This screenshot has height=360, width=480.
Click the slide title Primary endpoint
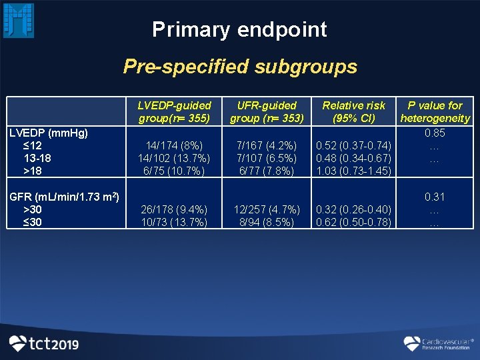click(239, 29)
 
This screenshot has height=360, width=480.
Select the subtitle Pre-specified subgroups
click(240, 67)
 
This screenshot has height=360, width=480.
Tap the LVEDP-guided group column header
click(174, 112)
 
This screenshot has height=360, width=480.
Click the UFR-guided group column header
click(267, 112)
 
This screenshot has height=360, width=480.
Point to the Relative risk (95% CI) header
click(353, 112)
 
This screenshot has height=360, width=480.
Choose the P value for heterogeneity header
click(435, 112)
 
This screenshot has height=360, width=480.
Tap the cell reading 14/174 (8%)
click(174, 146)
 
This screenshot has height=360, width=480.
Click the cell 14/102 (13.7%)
click(174, 159)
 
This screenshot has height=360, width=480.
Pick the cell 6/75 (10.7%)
click(174, 171)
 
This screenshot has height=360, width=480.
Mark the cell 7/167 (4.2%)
click(267, 146)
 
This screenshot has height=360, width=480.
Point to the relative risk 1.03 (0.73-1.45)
click(353, 171)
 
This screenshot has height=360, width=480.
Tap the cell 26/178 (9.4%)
click(174, 209)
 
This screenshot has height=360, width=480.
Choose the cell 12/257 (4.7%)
click(267, 209)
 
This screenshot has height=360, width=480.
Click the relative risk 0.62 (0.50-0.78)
click(353, 222)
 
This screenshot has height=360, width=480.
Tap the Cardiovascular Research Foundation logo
click(437, 343)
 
